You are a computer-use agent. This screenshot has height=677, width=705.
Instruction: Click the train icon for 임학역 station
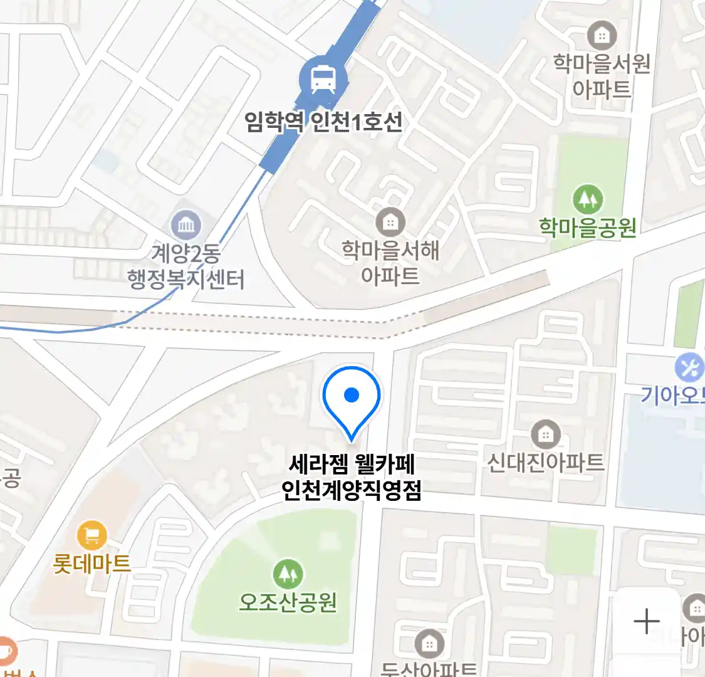click(x=323, y=79)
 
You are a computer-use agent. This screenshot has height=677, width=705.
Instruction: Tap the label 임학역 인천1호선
click(x=323, y=121)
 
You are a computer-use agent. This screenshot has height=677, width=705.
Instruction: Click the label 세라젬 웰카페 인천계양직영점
click(x=352, y=477)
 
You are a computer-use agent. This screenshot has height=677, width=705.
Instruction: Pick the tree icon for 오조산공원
click(x=288, y=574)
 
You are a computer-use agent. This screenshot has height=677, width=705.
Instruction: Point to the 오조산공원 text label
click(x=288, y=602)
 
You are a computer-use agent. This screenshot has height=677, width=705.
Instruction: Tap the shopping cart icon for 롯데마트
click(x=92, y=536)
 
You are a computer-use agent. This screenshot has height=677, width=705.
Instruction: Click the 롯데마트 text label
click(x=92, y=564)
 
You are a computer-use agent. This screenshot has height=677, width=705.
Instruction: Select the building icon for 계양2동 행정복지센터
click(x=186, y=224)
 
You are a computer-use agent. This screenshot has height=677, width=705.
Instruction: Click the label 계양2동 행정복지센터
click(x=186, y=266)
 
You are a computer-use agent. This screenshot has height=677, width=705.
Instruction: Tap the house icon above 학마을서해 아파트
click(x=390, y=222)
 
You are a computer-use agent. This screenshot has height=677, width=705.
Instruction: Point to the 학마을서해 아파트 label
click(x=390, y=263)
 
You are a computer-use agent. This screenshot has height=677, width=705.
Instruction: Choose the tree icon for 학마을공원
click(x=588, y=199)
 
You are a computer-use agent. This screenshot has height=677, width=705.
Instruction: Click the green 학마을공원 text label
click(x=588, y=227)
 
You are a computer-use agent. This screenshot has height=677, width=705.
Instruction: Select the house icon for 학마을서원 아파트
click(x=602, y=36)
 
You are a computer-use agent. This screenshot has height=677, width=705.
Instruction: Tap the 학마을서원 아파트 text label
click(x=602, y=76)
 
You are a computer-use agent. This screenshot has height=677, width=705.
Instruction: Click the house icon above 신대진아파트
click(x=546, y=434)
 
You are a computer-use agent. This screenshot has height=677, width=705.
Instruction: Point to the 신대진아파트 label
click(x=546, y=463)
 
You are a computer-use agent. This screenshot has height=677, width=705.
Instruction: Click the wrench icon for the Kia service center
click(x=689, y=368)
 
